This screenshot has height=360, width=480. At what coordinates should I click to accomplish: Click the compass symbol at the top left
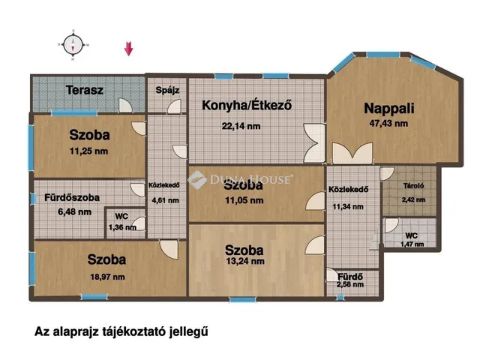pyautogui.click(x=73, y=44)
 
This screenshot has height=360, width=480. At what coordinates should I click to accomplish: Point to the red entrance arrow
pyautogui.click(x=128, y=49)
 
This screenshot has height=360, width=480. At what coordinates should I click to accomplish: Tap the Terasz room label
pyautogui.click(x=84, y=90)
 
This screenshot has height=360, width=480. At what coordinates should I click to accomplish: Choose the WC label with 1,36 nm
pyautogui.click(x=121, y=217)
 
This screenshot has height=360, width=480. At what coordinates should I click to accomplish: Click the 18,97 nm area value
pyautogui.click(x=106, y=276)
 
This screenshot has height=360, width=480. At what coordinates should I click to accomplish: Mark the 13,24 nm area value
pyautogui.click(x=244, y=262)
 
